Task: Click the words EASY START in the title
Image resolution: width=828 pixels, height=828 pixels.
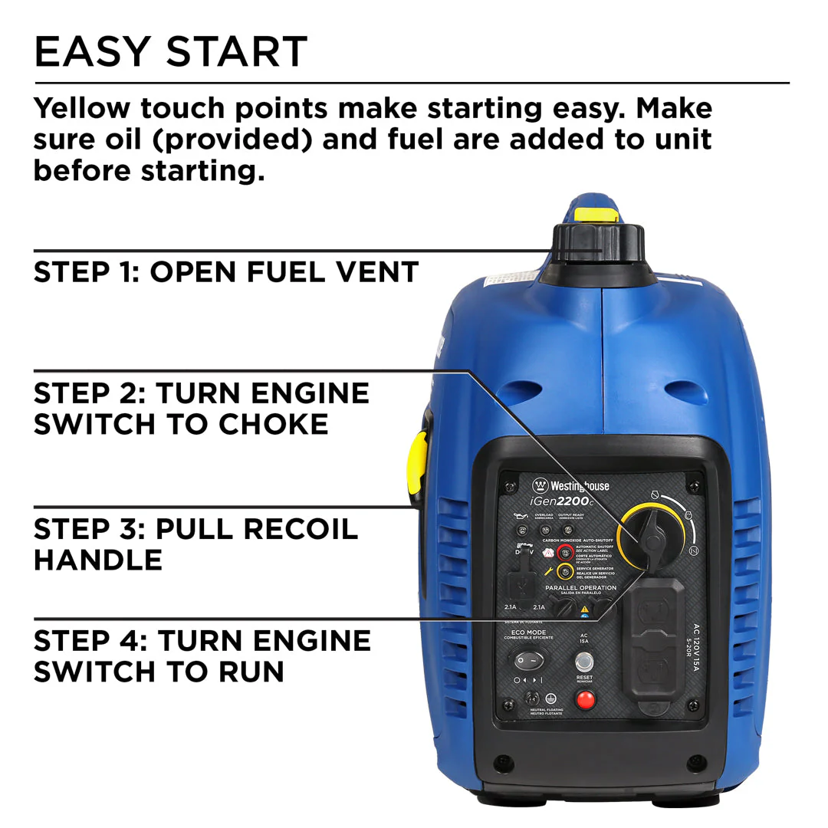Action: [170, 51]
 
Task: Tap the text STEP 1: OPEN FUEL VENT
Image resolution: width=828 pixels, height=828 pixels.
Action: [226, 271]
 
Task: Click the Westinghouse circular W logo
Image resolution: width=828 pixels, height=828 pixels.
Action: [541, 485]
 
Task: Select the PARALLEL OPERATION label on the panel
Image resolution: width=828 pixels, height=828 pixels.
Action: [580, 588]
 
